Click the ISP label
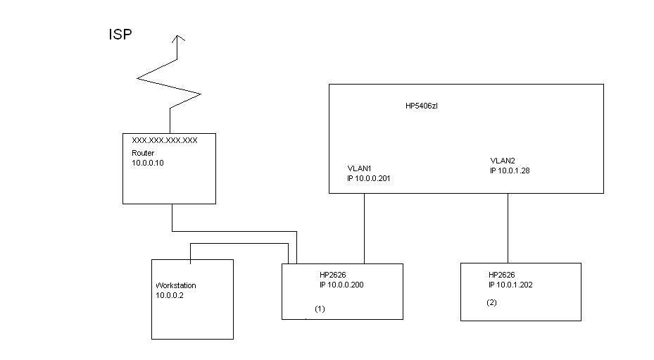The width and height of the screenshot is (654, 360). [x=120, y=35]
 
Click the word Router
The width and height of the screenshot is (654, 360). [x=143, y=153]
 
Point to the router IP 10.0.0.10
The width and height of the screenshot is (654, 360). [x=148, y=162]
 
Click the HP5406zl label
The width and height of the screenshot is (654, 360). [x=422, y=106]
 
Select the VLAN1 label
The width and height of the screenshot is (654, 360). [x=359, y=169]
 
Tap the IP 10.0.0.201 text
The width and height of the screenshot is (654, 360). [x=369, y=179]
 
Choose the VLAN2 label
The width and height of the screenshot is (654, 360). [x=503, y=161]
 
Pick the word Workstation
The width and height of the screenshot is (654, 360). [x=176, y=285]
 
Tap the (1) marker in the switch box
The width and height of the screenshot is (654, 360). [x=320, y=309]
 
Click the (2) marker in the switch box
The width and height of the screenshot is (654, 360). [x=491, y=302]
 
